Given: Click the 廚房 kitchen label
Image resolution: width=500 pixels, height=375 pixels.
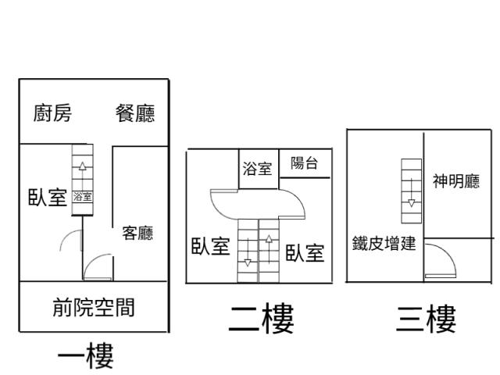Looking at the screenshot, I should [x=52, y=114].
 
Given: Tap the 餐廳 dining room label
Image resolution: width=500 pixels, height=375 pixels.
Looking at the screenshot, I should [x=135, y=114].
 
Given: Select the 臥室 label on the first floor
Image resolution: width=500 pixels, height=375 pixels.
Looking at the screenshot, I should [x=46, y=197].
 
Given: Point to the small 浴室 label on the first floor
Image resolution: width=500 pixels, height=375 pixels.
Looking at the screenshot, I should [x=82, y=197].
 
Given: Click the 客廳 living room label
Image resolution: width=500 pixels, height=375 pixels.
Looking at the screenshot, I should [x=137, y=233].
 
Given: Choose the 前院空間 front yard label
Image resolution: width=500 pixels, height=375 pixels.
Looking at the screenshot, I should [x=93, y=308].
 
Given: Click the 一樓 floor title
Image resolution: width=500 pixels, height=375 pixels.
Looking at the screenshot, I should [x=86, y=357].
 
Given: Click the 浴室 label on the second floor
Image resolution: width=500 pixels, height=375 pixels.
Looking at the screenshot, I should [x=257, y=168].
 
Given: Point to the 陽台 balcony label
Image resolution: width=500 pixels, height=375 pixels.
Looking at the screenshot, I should [x=304, y=163].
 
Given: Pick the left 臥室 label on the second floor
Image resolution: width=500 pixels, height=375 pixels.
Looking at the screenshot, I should [x=210, y=247].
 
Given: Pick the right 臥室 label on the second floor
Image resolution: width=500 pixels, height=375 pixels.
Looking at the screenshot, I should [x=304, y=252].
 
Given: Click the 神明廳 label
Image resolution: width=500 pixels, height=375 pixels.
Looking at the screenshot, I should [x=456, y=182].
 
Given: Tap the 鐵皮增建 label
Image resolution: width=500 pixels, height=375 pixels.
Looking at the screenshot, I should [x=384, y=244].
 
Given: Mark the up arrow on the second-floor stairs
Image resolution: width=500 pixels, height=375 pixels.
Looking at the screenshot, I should [x=269, y=239].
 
